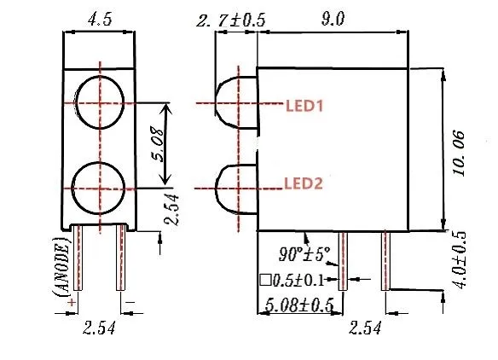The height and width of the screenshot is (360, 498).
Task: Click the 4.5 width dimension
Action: click(x=100, y=20)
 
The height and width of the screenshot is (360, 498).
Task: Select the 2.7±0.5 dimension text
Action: click(x=231, y=20)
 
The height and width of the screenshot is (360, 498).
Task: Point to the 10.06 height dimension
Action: click(x=460, y=153)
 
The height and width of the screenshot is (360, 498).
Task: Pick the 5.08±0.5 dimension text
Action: click(x=297, y=304)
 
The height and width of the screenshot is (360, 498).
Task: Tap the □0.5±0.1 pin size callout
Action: click(x=291, y=279)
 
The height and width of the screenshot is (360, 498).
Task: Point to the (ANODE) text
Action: click(x=61, y=266)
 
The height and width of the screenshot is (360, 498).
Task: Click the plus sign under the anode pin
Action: click(x=72, y=301)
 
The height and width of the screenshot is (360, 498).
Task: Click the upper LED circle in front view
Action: click(x=100, y=105)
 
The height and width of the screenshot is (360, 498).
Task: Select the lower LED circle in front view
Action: click(x=100, y=187)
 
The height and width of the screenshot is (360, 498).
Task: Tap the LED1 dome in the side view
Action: click(x=235, y=104)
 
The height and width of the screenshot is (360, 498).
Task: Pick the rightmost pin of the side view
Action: click(x=385, y=260)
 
